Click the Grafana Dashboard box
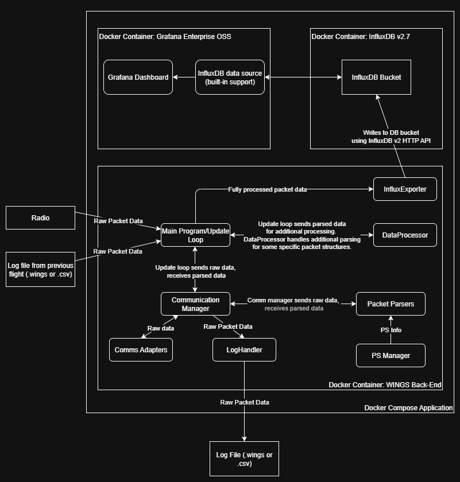point(138,77)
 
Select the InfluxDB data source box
point(230,77)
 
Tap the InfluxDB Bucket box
point(376,77)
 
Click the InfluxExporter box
point(405,189)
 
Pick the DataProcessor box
point(405,235)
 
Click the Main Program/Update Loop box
point(195,235)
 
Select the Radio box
point(40,217)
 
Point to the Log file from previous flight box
point(40,269)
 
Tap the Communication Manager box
point(195,304)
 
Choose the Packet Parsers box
point(391,304)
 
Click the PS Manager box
point(391,355)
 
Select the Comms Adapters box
point(141,349)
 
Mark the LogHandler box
point(244,349)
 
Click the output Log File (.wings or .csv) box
point(244,458)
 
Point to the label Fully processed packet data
point(267,189)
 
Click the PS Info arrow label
point(391,330)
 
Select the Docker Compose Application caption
point(408,407)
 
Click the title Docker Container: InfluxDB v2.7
point(361,36)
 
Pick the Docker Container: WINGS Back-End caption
point(385,384)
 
